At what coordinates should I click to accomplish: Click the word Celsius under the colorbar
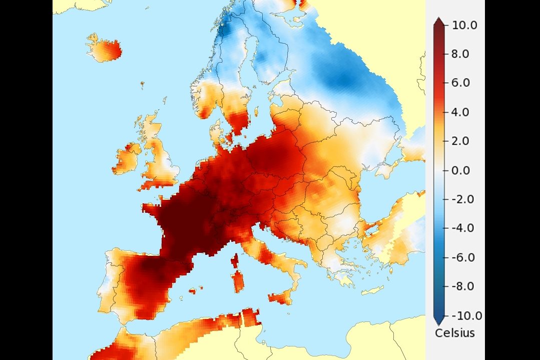point(454,333)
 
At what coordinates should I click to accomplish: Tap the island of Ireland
point(127,158)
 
